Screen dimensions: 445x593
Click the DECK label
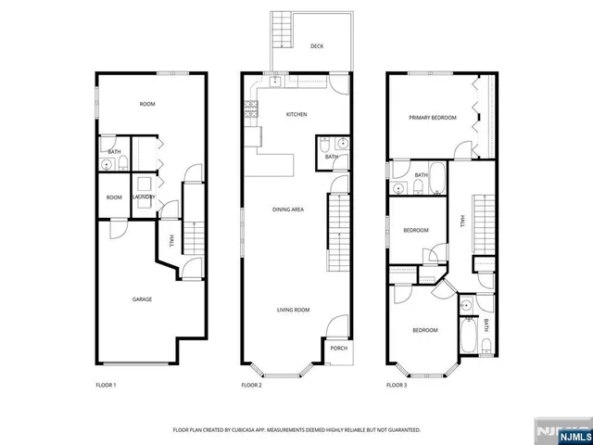click(x=317, y=45)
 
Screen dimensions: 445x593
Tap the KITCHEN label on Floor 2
click(x=296, y=115)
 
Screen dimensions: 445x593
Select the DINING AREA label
click(x=288, y=210)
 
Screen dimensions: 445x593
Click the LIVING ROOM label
click(x=293, y=310)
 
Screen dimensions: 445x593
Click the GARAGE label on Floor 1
click(x=142, y=299)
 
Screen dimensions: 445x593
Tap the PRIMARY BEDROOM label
click(x=433, y=118)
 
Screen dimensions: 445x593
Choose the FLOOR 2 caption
click(x=252, y=384)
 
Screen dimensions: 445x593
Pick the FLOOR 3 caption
click(x=397, y=384)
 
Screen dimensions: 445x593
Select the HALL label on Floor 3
click(x=462, y=221)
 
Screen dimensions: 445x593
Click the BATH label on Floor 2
click(x=331, y=157)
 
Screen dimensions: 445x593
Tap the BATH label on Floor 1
click(x=114, y=152)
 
